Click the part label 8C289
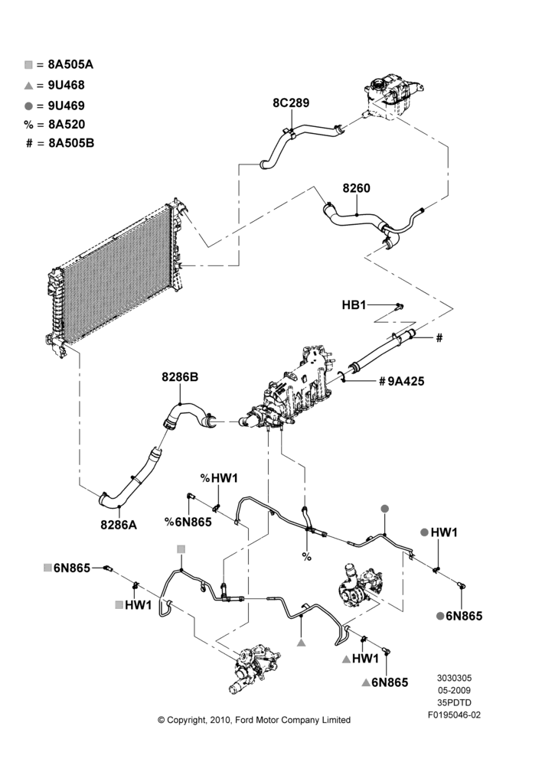(x=291, y=103)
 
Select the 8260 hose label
(x=357, y=188)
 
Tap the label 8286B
(x=180, y=378)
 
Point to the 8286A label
(x=119, y=525)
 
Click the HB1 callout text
(x=354, y=305)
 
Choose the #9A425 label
(x=401, y=381)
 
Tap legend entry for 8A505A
(x=59, y=64)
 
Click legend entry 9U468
(x=54, y=86)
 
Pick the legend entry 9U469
(x=54, y=106)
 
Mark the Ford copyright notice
(x=254, y=720)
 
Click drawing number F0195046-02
(x=454, y=715)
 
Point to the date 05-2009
(x=454, y=690)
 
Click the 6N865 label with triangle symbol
(x=385, y=682)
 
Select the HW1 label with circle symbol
(x=439, y=532)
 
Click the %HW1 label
(x=219, y=478)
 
